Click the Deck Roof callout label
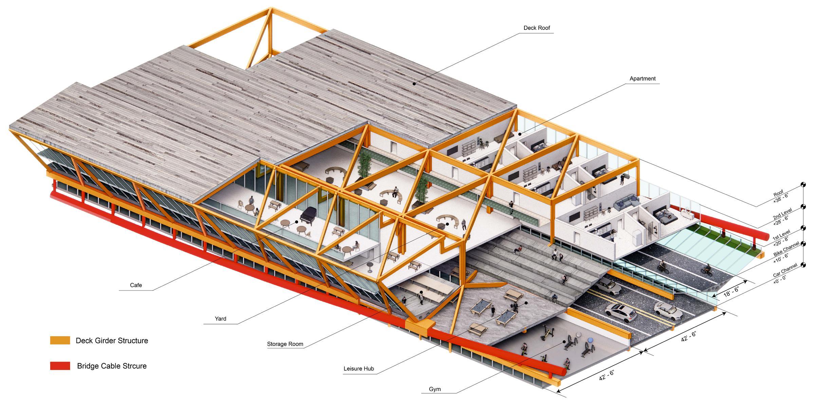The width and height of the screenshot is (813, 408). tap(536, 28)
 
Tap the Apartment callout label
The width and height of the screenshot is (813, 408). tap(642, 78)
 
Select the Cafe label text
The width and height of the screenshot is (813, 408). tap(136, 285)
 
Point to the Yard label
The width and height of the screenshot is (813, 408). tap(220, 319)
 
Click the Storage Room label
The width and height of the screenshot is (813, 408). tap(285, 344)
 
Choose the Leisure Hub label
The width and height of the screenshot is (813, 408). tap(358, 369)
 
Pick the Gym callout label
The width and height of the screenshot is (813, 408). tap(435, 389)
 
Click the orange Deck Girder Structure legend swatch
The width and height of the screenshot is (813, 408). tap(60, 340)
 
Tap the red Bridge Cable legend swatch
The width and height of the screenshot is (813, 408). tap(60, 366)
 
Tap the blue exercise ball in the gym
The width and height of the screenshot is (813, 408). tap(591, 340)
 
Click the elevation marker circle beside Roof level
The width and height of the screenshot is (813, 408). tap(803, 185)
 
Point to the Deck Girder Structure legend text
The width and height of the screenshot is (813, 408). tap(112, 340)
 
